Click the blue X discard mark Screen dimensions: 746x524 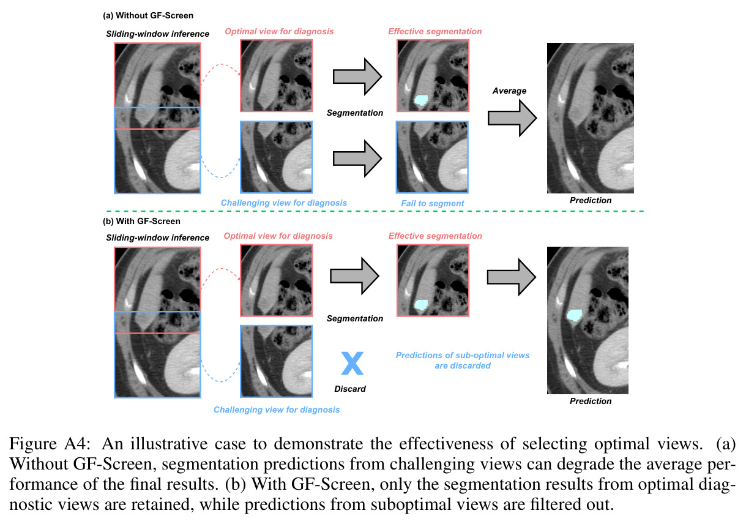352,363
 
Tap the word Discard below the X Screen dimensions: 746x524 350,389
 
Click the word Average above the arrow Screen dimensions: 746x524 510,91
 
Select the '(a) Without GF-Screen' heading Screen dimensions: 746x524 148,16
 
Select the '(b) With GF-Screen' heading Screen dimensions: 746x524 141,221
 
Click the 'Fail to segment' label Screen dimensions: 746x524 432,203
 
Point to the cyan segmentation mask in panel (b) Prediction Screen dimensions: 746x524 574,315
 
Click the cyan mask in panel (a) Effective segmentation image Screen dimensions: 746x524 421,100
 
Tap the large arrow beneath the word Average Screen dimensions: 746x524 512,118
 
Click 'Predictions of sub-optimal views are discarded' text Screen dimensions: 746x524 463,361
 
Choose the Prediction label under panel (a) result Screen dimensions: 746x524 591,200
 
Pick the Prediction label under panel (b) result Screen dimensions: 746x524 591,401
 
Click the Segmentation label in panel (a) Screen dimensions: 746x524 355,113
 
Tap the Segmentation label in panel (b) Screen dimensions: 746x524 355,318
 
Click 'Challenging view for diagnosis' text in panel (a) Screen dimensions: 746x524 284,203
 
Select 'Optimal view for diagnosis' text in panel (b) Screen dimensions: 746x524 278,236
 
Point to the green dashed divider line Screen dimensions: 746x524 375,211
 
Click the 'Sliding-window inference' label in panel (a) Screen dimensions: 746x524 157,34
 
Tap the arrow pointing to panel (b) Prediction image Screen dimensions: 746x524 512,277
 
